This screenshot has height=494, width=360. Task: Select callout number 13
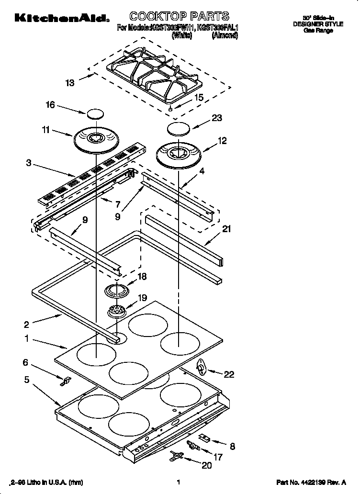70,83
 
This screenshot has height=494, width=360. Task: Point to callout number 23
217,118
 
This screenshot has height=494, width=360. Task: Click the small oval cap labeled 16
95,114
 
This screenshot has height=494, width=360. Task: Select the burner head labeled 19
117,311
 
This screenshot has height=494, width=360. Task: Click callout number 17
218,457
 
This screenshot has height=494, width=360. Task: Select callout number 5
27,380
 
